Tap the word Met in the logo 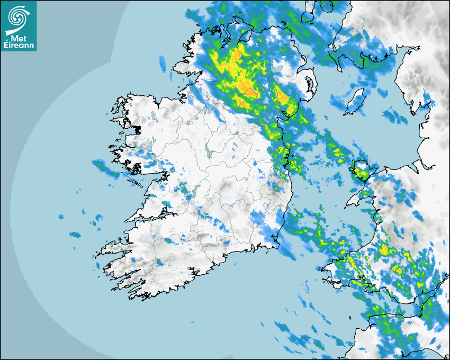(x=19, y=38)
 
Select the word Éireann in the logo (x=19, y=46)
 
